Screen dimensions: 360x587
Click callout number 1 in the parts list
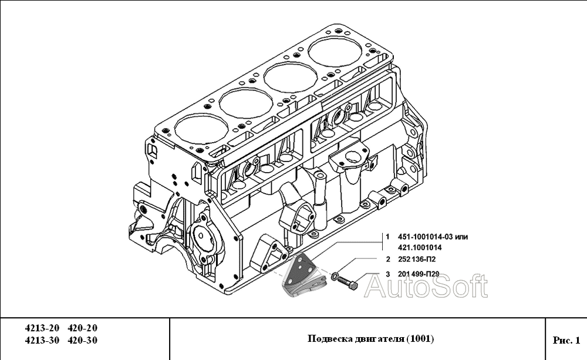pos(387,237)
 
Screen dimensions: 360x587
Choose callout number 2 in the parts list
pos(387,259)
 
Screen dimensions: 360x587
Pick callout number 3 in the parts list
pos(387,274)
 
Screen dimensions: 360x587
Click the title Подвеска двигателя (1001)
pos(370,339)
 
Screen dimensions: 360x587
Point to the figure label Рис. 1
pos(566,339)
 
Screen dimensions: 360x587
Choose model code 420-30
pos(83,340)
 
